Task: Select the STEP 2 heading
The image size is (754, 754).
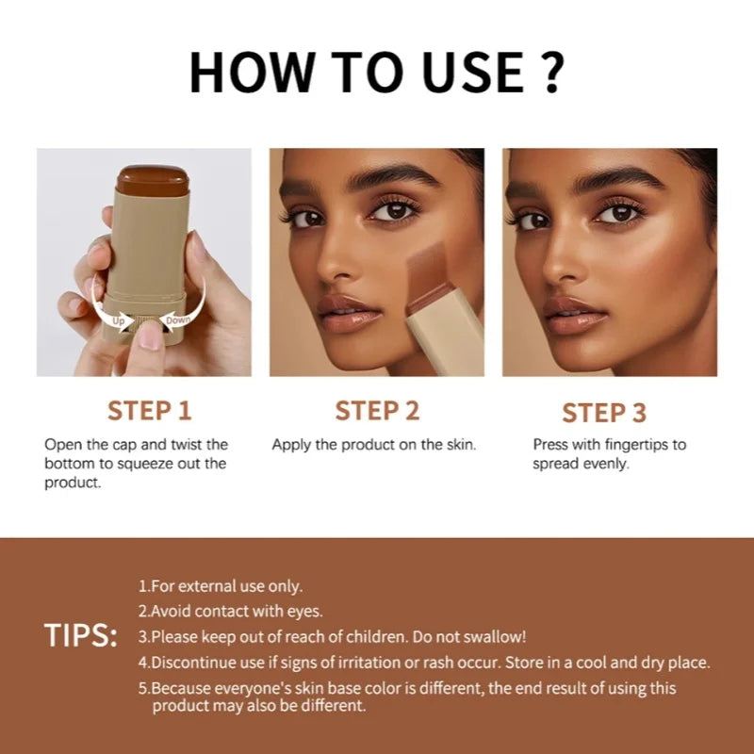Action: pos(377,411)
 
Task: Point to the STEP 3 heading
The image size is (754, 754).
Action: pos(604,413)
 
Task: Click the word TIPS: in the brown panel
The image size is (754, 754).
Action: pos(80,636)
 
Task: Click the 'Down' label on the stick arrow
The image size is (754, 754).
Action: pos(178,320)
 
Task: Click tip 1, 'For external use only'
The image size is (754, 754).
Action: pos(221,586)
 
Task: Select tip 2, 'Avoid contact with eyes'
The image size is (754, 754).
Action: pos(230,612)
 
